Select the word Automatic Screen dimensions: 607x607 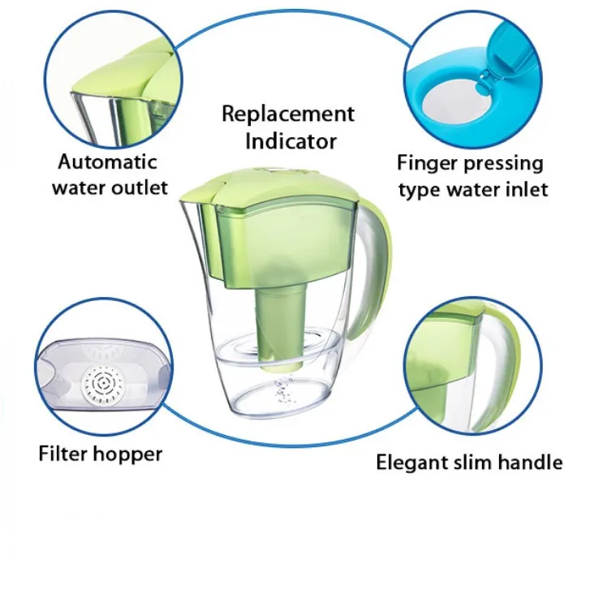click(x=108, y=161)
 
